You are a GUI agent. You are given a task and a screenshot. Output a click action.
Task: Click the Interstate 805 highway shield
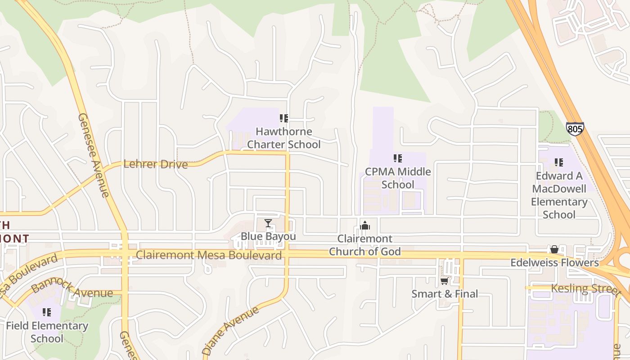(x=575, y=129)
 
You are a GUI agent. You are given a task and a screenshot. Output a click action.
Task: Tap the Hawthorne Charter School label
(x=284, y=138)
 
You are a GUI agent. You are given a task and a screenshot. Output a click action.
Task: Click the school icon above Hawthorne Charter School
(x=284, y=118)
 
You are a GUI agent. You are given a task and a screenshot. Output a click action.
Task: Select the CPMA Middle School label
(x=398, y=178)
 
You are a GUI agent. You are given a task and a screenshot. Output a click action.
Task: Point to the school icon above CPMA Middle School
(x=398, y=158)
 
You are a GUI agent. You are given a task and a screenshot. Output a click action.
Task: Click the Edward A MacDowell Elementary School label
(x=559, y=195)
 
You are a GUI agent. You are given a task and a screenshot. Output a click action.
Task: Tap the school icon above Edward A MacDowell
(x=559, y=162)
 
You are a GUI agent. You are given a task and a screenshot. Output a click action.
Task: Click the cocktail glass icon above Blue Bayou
(x=268, y=223)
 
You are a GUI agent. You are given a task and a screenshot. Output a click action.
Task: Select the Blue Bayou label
(x=268, y=236)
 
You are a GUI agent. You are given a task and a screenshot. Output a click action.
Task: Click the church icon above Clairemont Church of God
(x=365, y=225)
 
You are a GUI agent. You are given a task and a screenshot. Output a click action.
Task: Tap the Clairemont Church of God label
(x=365, y=245)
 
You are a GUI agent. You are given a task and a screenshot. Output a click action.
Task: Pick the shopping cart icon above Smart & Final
(x=445, y=281)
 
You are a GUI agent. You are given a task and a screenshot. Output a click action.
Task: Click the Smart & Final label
(x=445, y=294)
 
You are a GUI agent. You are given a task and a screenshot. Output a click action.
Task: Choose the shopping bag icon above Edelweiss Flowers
(x=554, y=249)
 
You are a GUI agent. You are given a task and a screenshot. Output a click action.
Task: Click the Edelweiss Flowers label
(x=554, y=262)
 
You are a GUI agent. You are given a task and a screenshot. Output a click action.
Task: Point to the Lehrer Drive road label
(x=155, y=164)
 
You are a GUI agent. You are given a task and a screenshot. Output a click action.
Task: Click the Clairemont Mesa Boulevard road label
(x=209, y=255)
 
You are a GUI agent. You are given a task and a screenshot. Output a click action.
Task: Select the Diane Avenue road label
(x=231, y=331)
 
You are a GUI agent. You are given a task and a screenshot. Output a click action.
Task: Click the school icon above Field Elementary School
(x=47, y=312)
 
